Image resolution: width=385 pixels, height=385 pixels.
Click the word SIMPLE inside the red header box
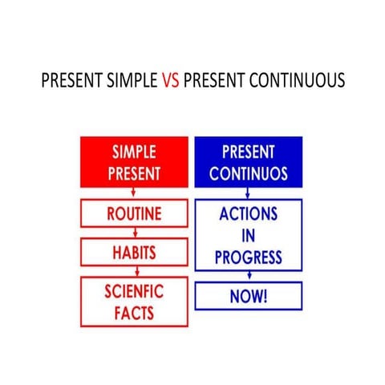(134, 152)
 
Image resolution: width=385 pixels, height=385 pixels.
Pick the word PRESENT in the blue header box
(249, 152)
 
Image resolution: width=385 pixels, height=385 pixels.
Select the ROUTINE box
(134, 213)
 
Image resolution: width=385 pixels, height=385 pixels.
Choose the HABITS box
(134, 253)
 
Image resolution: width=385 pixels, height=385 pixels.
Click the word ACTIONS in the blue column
(249, 215)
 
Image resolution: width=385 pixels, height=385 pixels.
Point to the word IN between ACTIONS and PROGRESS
(249, 236)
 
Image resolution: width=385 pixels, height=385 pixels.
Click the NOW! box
(249, 296)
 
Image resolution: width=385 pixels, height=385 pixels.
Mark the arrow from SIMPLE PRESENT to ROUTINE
(134, 193)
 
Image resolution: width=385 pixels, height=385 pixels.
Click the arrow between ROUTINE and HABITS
(134, 233)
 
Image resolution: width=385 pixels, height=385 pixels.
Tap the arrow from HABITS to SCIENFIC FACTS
(134, 272)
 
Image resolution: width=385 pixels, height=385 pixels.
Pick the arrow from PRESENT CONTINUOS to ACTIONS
(249, 193)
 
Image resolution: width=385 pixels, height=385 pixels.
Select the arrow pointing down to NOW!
(249, 277)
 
